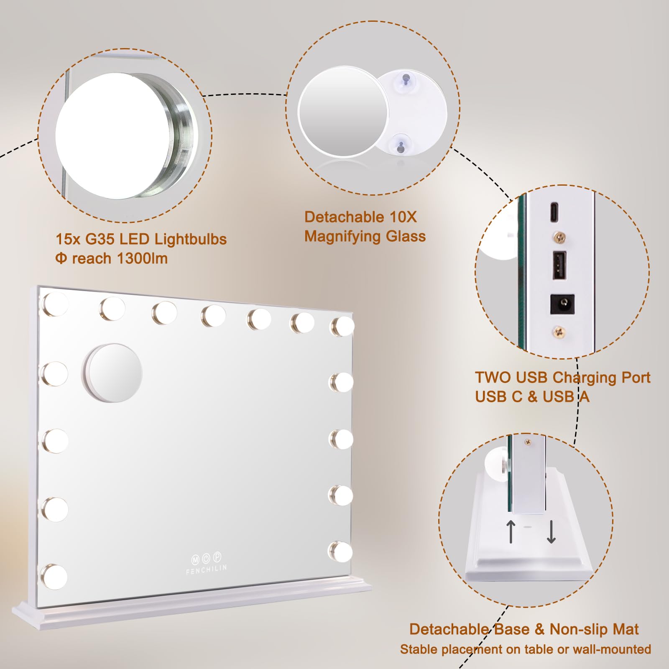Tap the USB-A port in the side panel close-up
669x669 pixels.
[x=559, y=265]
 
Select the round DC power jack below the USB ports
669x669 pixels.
[x=562, y=304]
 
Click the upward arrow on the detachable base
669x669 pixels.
[x=511, y=531]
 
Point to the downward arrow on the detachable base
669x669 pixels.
[x=551, y=532]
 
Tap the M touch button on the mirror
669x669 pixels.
[x=195, y=560]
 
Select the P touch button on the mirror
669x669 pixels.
[x=217, y=557]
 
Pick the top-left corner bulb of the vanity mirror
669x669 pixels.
[x=55, y=304]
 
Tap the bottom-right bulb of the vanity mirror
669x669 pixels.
[x=341, y=552]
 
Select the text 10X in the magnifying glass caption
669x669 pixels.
[x=403, y=217]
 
